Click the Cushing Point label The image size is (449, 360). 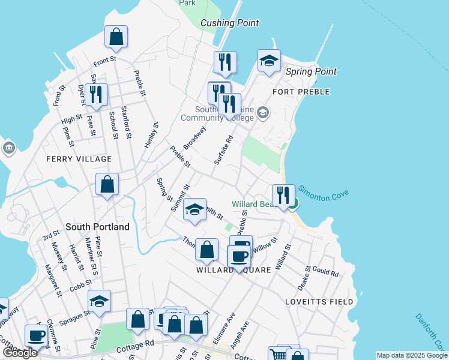click(x=230, y=23)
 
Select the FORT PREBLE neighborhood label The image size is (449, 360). click(x=301, y=92)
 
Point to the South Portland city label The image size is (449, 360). click(x=97, y=227)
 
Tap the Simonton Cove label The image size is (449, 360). click(x=324, y=193)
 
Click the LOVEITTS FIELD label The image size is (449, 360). click(x=313, y=301)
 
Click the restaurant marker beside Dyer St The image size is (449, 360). click(x=95, y=94)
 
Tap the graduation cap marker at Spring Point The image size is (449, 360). click(x=269, y=60)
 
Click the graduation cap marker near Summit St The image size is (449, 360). click(x=194, y=209)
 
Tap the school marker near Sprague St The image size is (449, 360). click(x=100, y=301)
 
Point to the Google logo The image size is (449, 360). click(x=20, y=353)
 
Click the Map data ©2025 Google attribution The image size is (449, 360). click(x=411, y=355)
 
